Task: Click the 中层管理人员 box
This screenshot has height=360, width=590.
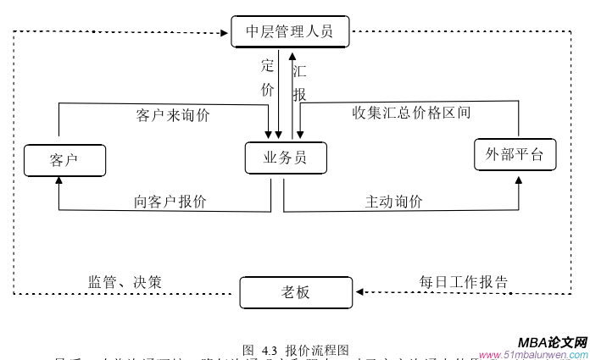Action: click(x=289, y=32)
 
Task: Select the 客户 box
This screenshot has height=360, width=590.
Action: click(x=64, y=159)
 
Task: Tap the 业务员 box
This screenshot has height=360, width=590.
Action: click(x=285, y=158)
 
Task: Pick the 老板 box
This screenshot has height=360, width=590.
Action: click(x=295, y=292)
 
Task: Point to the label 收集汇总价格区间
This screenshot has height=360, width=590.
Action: click(x=411, y=112)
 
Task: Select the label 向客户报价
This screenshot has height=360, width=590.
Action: click(x=170, y=202)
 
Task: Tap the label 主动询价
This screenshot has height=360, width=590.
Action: click(x=394, y=202)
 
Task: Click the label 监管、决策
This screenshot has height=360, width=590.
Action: click(x=125, y=281)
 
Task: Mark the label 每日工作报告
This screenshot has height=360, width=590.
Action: click(x=464, y=281)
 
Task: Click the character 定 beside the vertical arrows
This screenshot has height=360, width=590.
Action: click(x=268, y=66)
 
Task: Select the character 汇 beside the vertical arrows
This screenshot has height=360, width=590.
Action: click(x=299, y=72)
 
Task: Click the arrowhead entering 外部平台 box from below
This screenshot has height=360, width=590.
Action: click(x=519, y=179)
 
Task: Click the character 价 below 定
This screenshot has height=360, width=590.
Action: click(x=268, y=88)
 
